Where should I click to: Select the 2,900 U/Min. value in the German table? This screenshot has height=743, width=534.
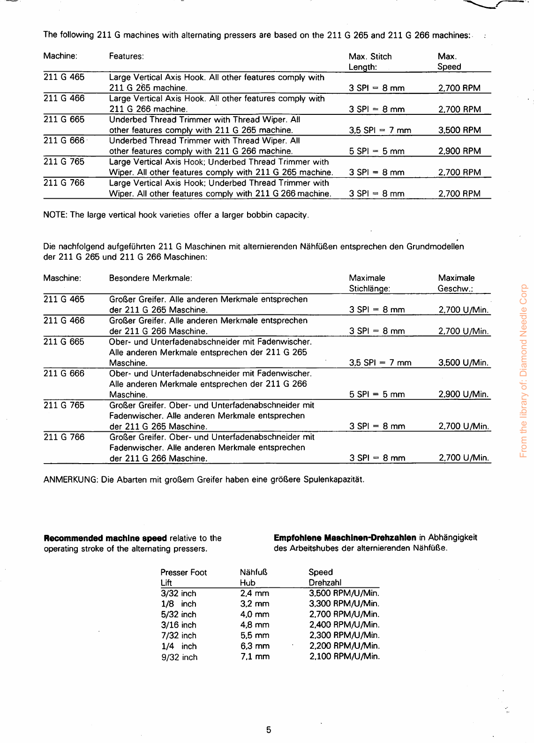click(464, 394)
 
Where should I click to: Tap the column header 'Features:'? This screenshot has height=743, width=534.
click(126, 56)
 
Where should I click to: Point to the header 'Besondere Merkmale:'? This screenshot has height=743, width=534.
click(150, 278)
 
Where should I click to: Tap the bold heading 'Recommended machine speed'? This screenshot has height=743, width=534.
click(105, 538)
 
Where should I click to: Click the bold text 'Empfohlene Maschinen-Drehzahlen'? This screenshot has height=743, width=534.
click(345, 538)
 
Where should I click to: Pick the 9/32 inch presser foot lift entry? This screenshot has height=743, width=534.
click(179, 657)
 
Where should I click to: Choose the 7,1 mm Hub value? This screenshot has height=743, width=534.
click(255, 656)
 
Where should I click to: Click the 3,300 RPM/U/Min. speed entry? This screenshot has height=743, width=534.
click(344, 604)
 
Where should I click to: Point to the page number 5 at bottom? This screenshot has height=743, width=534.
click(269, 730)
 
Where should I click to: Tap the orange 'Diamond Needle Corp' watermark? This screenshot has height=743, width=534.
click(524, 370)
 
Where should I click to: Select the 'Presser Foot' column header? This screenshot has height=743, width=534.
click(183, 572)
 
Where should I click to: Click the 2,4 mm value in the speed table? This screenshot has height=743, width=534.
click(255, 593)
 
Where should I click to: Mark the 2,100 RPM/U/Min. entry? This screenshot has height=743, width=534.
click(344, 656)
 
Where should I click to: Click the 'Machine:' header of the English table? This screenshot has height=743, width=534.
click(60, 56)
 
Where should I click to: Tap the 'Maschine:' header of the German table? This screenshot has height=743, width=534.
click(62, 278)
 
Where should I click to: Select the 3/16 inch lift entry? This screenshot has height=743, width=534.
click(179, 625)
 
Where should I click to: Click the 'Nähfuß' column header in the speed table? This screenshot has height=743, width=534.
click(253, 572)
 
